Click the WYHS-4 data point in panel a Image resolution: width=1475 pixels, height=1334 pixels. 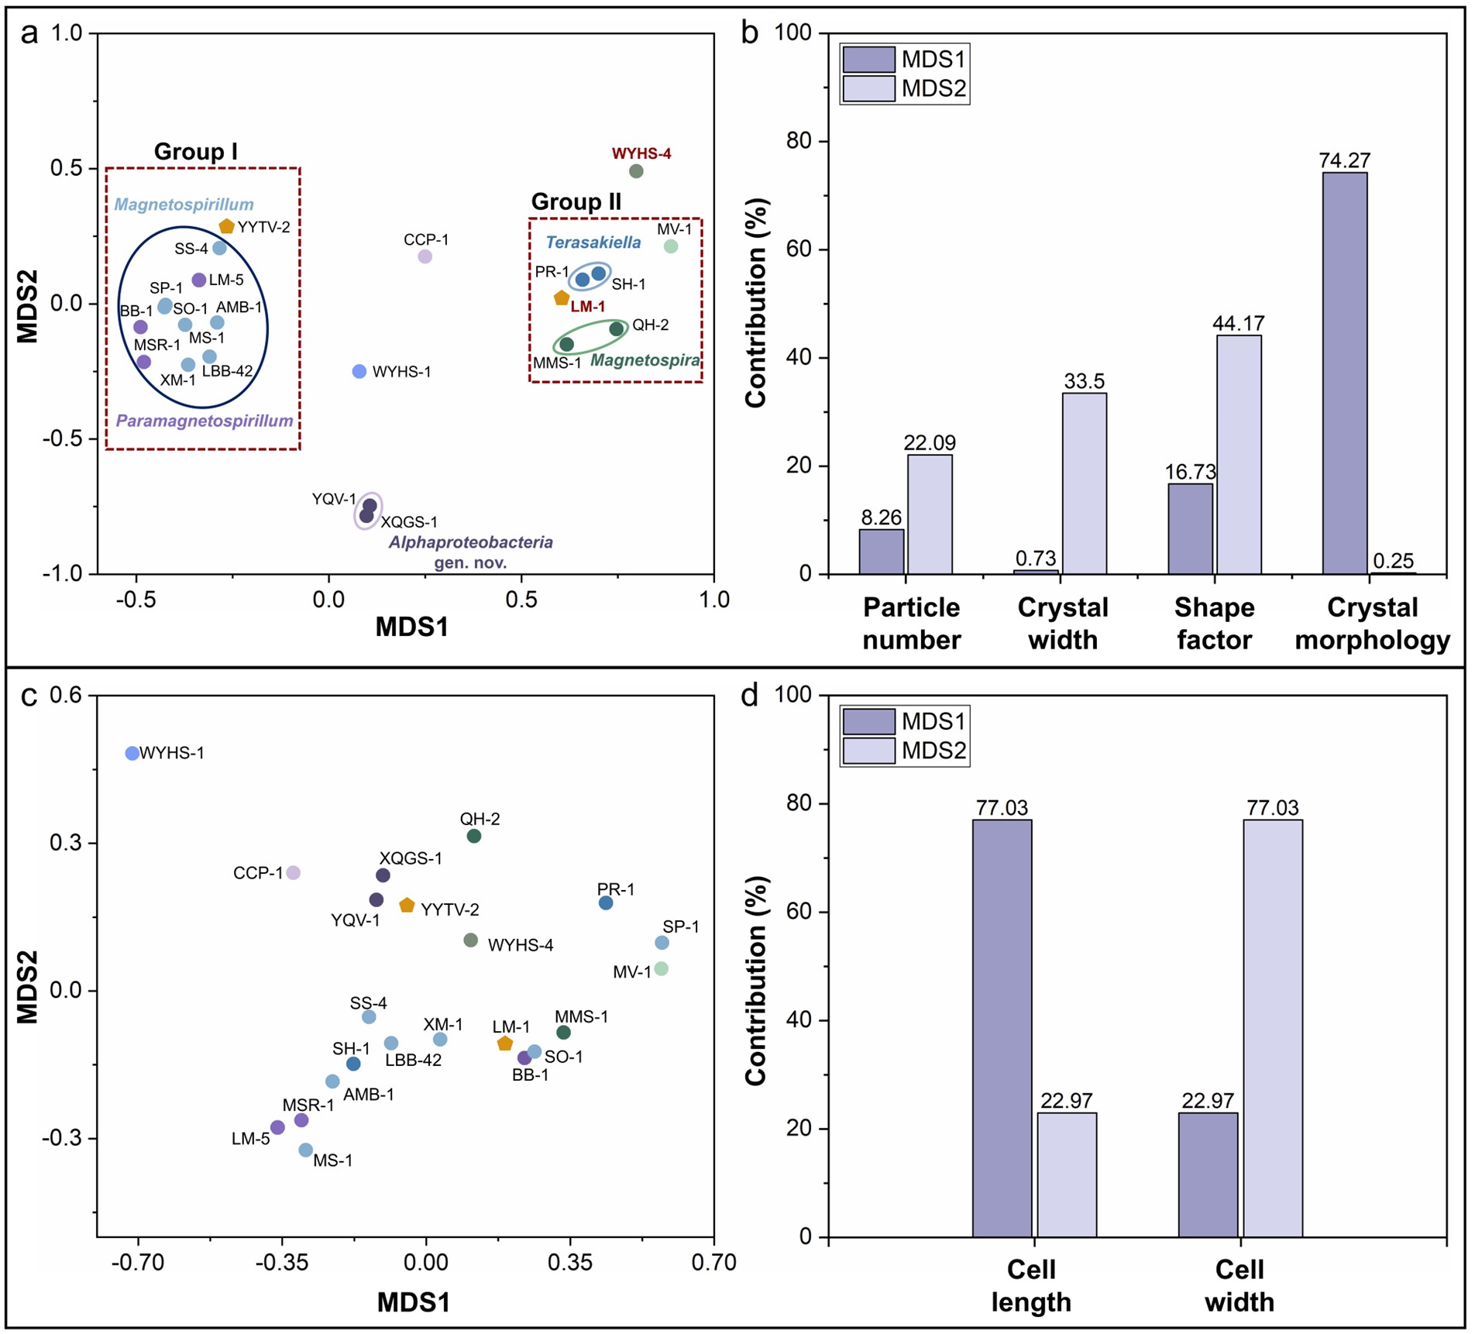[636, 171]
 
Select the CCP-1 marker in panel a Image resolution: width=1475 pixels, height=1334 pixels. [425, 256]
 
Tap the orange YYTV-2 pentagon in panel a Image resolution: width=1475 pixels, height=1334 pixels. [226, 226]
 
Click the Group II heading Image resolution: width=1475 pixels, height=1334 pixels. [576, 202]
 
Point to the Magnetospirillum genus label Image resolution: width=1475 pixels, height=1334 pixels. [184, 205]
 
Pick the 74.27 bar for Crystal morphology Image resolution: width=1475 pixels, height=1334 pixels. [1344, 372]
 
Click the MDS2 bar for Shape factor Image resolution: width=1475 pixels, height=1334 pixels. [1239, 454]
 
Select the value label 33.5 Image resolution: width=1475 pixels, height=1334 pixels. [1084, 381]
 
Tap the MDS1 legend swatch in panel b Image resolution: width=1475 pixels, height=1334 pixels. [868, 60]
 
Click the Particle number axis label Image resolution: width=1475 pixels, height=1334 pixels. [911, 624]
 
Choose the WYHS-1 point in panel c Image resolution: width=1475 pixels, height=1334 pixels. [132, 753]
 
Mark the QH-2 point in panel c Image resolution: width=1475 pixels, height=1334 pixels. [474, 836]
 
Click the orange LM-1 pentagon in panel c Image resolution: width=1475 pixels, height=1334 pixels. [505, 1043]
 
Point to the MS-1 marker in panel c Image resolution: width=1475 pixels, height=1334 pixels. [306, 1150]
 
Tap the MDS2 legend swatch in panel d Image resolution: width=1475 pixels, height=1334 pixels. [868, 751]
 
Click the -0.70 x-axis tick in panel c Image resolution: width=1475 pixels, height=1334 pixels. [138, 1263]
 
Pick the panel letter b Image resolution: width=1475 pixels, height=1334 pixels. [749, 35]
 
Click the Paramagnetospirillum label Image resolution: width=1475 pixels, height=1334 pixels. [205, 421]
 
